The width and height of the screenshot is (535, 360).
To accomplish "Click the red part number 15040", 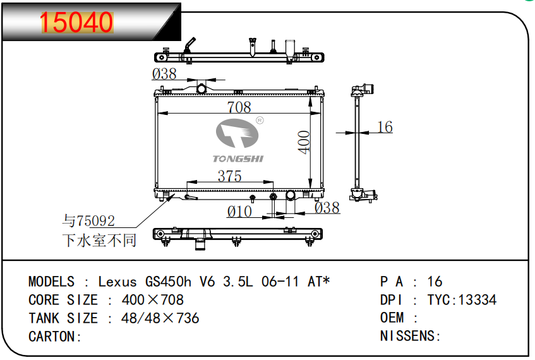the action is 76,23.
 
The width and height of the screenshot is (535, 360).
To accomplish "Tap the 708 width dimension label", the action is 239,107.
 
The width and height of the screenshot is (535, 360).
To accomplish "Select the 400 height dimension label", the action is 303,142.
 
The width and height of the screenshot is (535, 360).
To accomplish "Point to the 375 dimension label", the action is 230,176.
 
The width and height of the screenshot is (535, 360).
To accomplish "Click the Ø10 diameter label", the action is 239,212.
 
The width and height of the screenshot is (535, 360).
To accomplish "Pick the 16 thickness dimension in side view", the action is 385,127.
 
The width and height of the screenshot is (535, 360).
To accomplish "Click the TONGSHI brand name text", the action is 238,159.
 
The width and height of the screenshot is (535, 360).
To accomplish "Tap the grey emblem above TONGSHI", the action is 237,133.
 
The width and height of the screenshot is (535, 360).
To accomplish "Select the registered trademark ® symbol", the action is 260,120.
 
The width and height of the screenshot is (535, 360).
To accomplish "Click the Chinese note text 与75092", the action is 88,221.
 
